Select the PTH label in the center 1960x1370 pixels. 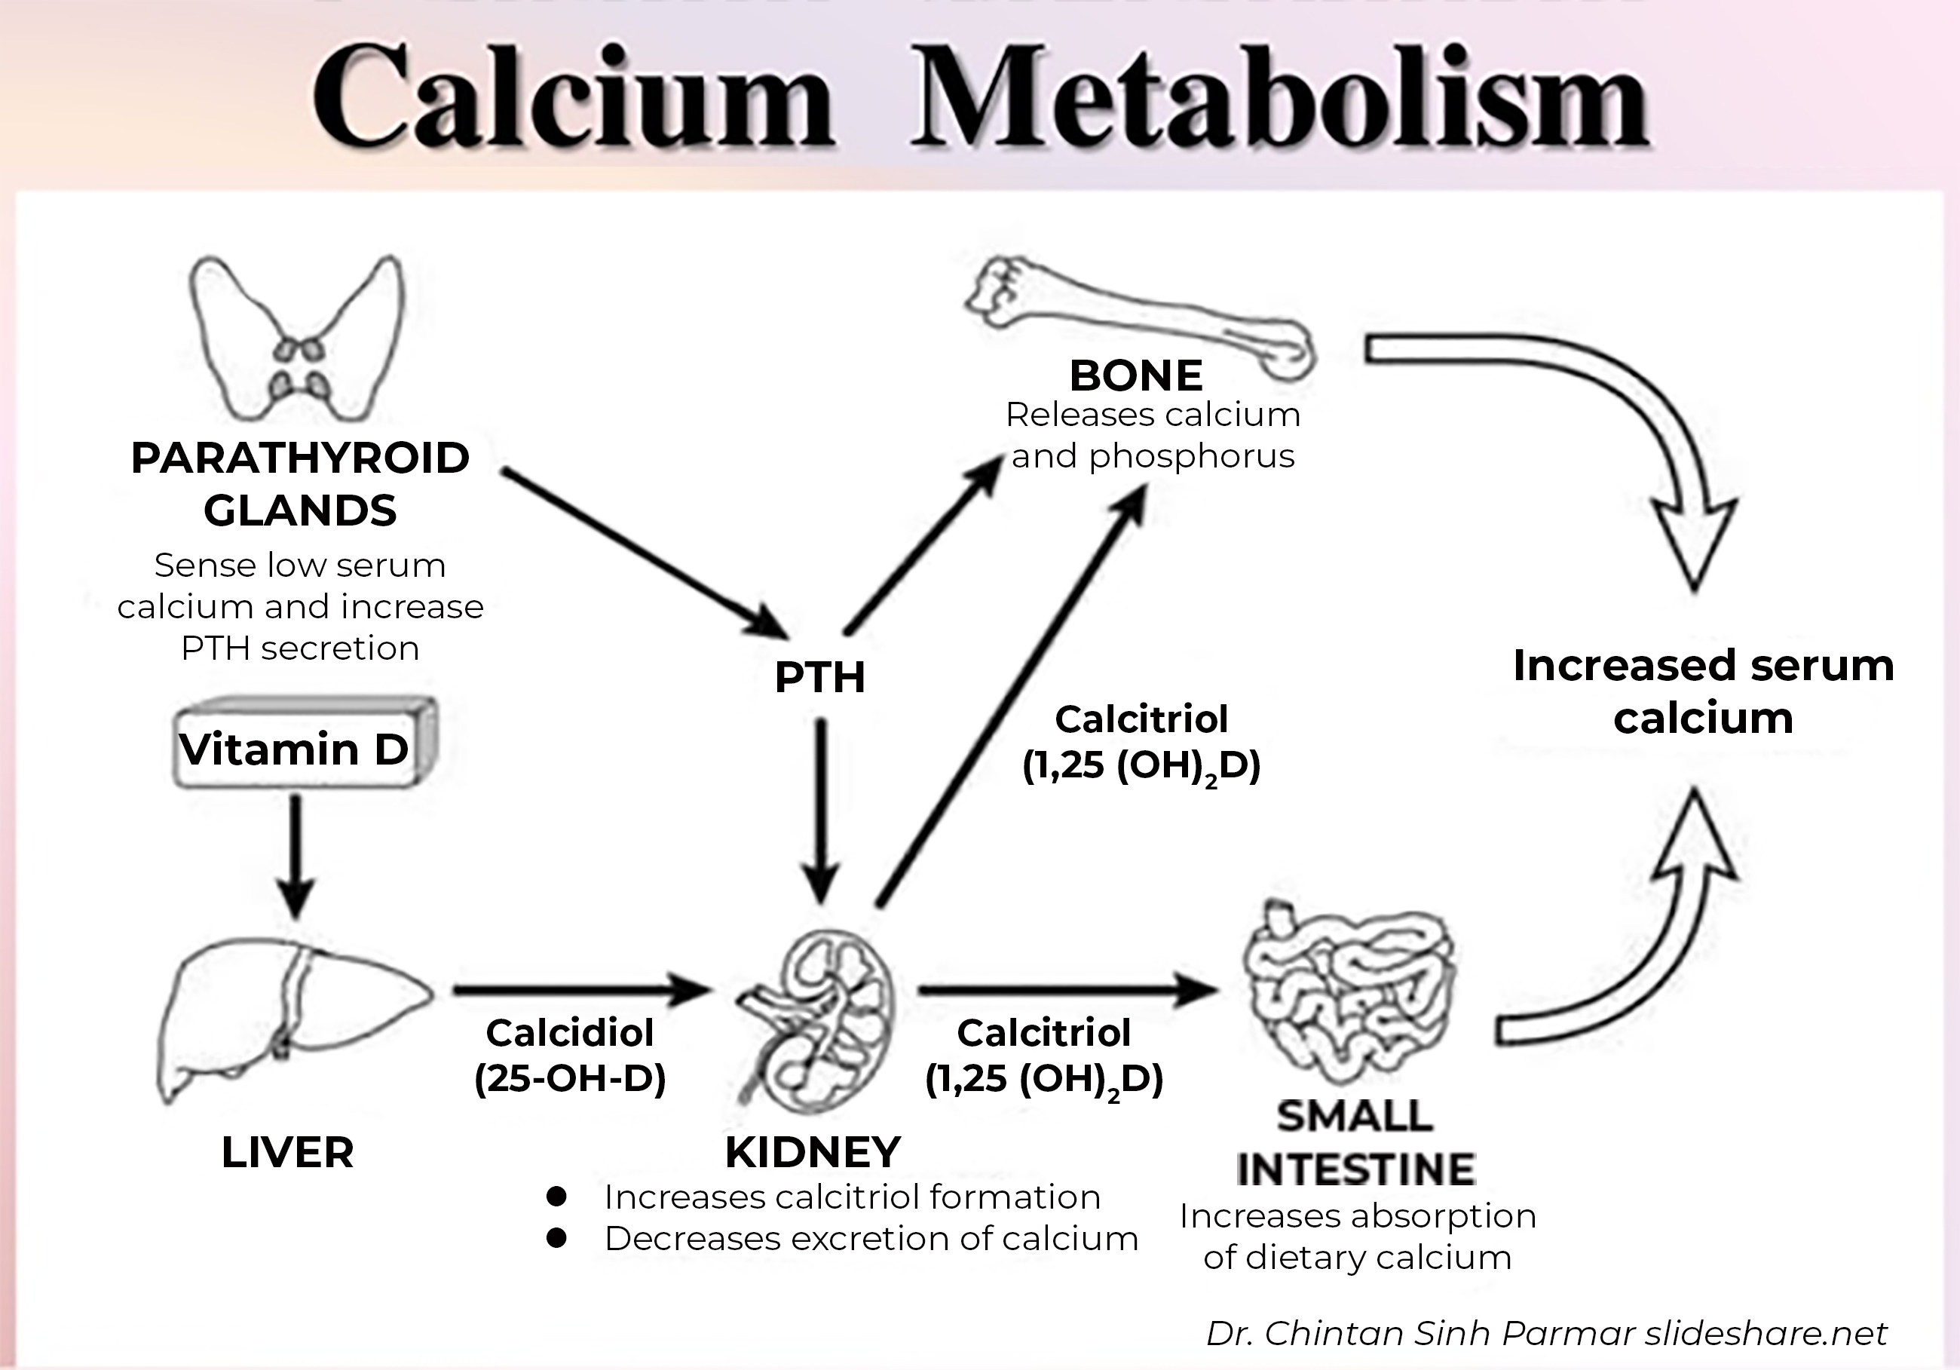point(819,678)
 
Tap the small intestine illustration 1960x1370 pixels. point(1349,995)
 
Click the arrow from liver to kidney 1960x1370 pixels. point(580,989)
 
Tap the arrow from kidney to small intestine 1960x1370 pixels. point(1067,990)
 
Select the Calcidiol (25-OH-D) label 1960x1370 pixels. point(570,1055)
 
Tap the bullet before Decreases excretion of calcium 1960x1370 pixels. point(556,1238)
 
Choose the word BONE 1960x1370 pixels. point(1136,375)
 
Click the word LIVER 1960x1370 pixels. point(288,1152)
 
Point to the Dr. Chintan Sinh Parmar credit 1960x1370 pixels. point(1546,1332)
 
